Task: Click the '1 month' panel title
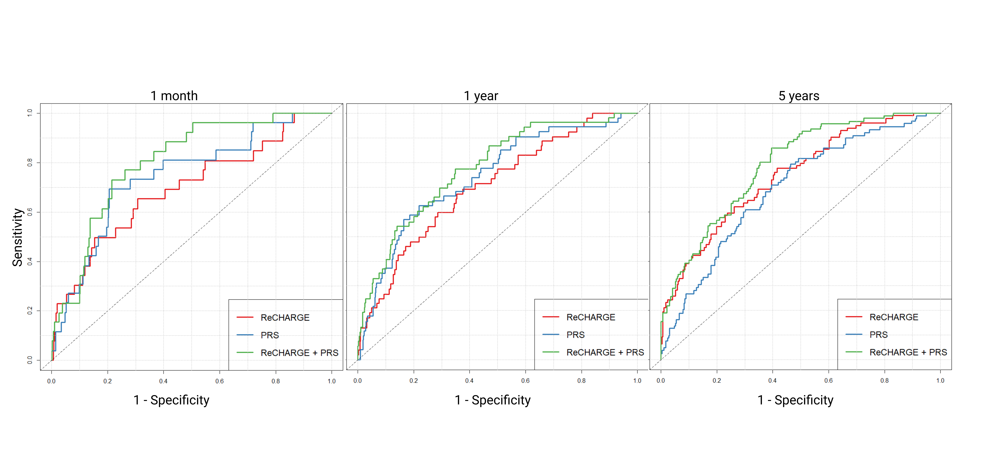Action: (174, 96)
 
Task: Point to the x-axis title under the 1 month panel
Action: (171, 400)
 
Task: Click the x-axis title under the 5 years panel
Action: (795, 400)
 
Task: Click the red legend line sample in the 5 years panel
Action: (854, 317)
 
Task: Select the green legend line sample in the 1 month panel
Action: (245, 352)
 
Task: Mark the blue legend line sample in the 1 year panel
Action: (551, 335)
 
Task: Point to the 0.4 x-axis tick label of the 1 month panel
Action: (164, 381)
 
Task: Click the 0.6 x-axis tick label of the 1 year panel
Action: (525, 381)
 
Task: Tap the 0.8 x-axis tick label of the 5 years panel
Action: (884, 381)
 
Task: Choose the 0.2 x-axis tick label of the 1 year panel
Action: (413, 381)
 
